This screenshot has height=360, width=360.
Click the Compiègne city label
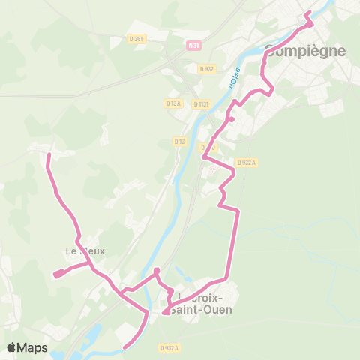pos(306,51)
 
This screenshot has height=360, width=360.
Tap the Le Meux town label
pos(85,251)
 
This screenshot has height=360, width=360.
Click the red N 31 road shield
pos(194,46)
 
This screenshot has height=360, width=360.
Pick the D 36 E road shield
pos(136,39)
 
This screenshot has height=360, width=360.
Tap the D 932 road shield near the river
pos(207,68)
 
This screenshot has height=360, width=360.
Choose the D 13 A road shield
pos(172,103)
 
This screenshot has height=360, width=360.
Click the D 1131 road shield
pos(200,104)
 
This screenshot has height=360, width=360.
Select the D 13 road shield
pos(180,141)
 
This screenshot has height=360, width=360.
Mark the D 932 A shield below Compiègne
pos(246,161)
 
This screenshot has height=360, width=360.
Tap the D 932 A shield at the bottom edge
pos(169,348)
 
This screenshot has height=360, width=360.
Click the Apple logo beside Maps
pos(12,347)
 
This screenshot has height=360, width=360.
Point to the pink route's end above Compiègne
pos(307,13)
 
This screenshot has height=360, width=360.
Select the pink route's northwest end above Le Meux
pos(49,154)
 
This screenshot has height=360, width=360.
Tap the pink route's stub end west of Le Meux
pos(56,274)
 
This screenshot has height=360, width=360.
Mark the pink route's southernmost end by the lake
pos(124,346)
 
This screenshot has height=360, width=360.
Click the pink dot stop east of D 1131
pos(232,119)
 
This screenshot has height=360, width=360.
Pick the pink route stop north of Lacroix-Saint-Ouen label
pos(157,270)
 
